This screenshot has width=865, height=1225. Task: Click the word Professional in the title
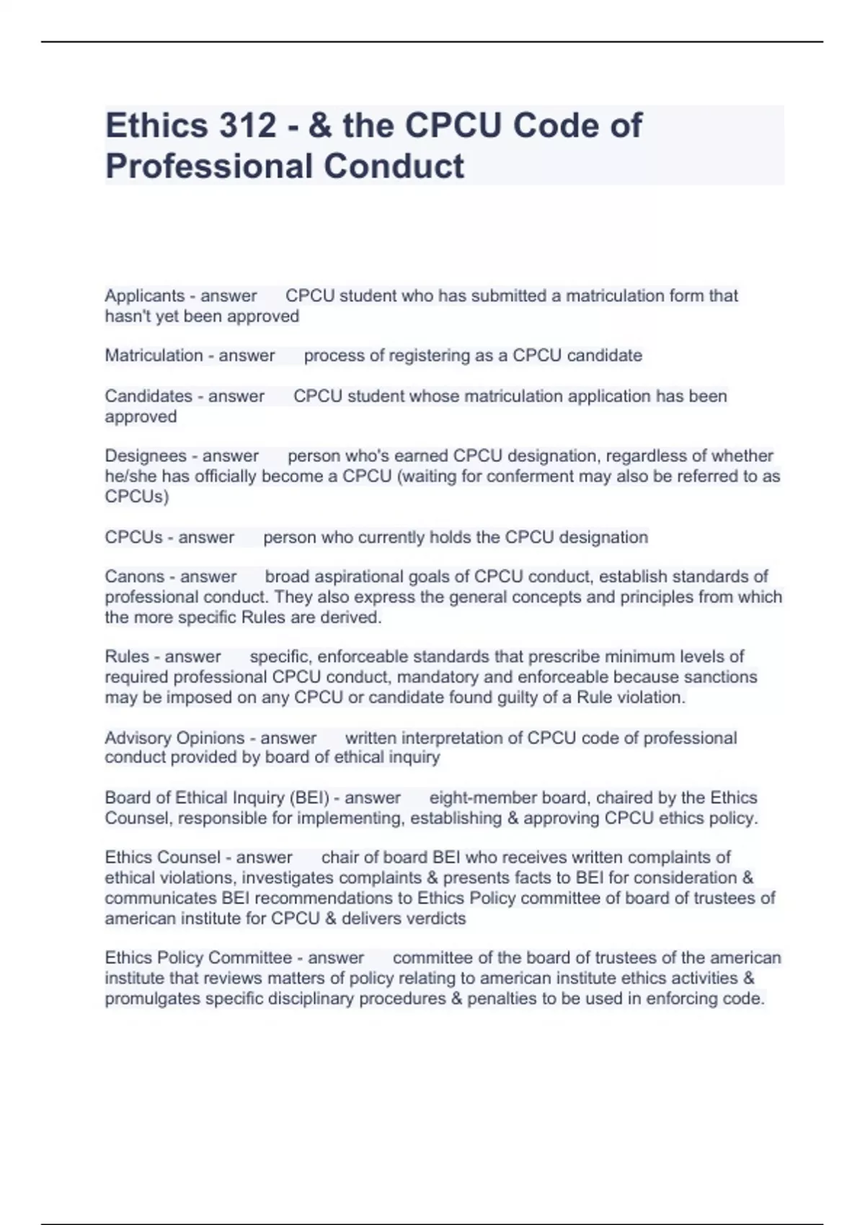coord(208,166)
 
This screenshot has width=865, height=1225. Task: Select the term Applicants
coord(145,295)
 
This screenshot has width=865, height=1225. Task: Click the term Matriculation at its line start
coord(154,355)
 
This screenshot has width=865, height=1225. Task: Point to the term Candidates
coord(149,396)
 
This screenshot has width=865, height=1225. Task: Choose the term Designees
coord(146,455)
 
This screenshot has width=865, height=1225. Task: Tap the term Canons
coord(135,576)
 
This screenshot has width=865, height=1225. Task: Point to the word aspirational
coord(343,576)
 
